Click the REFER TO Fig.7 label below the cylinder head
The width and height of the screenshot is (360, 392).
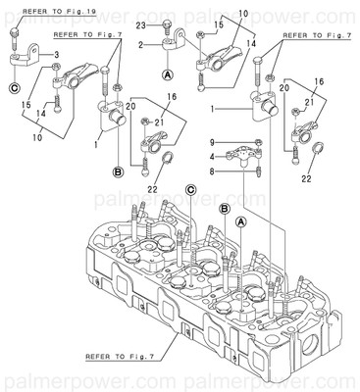pos(128,358)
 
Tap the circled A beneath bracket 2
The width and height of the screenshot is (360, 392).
pos(168,75)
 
